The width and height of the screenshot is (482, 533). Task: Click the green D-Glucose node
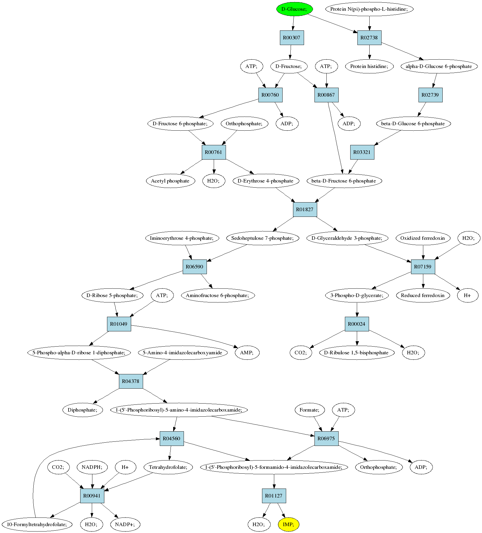294,9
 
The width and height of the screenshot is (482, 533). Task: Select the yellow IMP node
289,524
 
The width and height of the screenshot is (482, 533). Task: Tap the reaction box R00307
292,38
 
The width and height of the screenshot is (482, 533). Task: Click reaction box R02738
369,38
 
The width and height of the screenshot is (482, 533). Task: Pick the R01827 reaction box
305,209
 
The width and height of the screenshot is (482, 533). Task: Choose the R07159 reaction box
423,267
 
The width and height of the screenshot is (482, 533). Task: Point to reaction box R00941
92,496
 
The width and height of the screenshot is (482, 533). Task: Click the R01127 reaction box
274,496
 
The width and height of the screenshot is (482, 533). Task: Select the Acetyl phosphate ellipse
171,181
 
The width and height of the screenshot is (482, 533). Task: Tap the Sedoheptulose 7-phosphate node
263,238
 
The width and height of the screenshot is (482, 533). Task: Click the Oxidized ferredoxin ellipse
423,238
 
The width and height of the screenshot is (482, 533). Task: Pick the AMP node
247,353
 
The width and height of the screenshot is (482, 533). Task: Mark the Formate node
310,410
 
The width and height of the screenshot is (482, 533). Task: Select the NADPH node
92,467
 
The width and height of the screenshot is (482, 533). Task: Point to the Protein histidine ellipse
370,66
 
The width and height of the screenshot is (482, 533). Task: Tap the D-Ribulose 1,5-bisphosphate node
357,353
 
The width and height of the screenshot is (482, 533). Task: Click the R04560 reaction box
172,438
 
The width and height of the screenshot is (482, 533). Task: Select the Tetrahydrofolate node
168,467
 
